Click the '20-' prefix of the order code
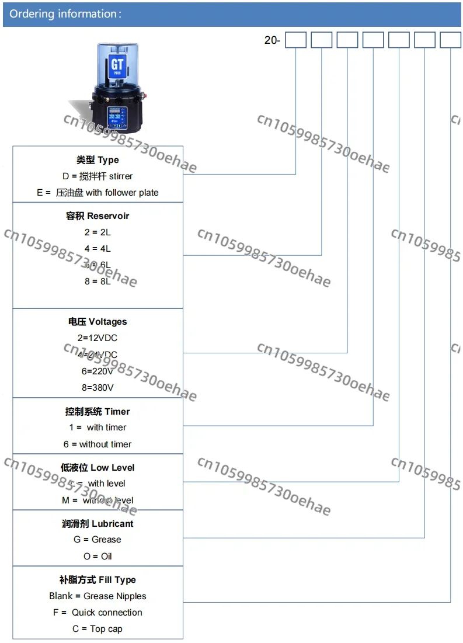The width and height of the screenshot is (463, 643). point(272,40)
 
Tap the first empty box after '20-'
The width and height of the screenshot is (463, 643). point(295,40)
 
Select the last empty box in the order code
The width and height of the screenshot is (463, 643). point(450,40)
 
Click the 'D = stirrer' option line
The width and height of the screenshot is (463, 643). point(98,176)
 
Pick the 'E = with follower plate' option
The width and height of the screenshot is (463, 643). point(98,192)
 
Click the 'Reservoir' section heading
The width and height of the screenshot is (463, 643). point(98,216)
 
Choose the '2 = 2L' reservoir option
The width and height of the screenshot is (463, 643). point(98,232)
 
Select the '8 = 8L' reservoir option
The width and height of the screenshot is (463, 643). point(98,281)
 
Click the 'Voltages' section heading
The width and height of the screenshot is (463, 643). point(98,321)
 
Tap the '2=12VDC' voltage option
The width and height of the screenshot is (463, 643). point(98,338)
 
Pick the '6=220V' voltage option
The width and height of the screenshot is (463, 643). point(98,370)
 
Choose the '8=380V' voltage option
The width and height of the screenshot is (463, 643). point(98,387)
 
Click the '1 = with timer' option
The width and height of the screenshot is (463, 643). point(98,427)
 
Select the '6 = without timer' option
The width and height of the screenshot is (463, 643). point(98,444)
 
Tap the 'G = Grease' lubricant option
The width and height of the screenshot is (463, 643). point(98,539)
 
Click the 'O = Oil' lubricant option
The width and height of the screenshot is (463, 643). point(98,556)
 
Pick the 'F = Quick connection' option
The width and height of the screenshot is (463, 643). point(98,612)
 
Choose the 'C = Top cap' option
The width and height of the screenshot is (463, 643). point(98,628)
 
